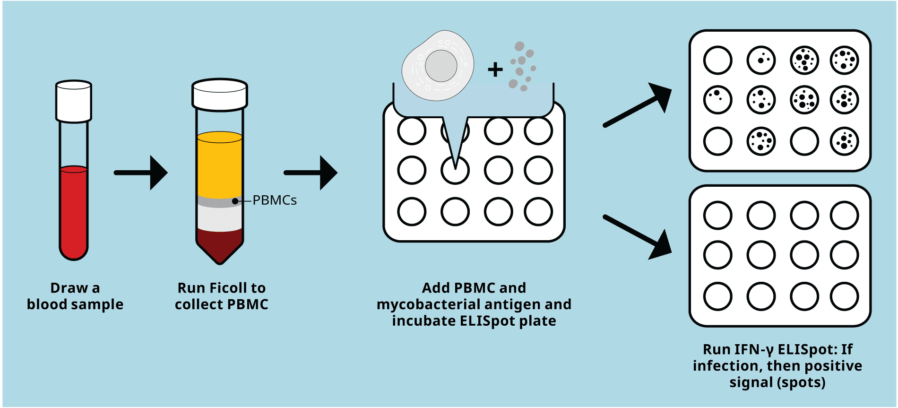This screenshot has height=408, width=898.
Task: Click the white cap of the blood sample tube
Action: pos(74,102)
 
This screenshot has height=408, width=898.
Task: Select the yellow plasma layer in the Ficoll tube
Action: pos(220,163)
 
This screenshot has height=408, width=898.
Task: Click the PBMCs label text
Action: pos(275,200)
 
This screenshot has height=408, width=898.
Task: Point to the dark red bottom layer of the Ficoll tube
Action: pos(220,243)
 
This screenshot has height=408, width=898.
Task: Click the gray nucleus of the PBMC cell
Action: pos(441,66)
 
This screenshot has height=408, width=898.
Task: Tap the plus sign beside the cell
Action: pos(495,70)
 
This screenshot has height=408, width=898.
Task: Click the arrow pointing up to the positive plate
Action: pos(638,106)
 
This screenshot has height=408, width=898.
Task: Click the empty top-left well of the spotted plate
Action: pos(717,61)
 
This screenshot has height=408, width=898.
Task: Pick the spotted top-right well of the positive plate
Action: pos(844,61)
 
